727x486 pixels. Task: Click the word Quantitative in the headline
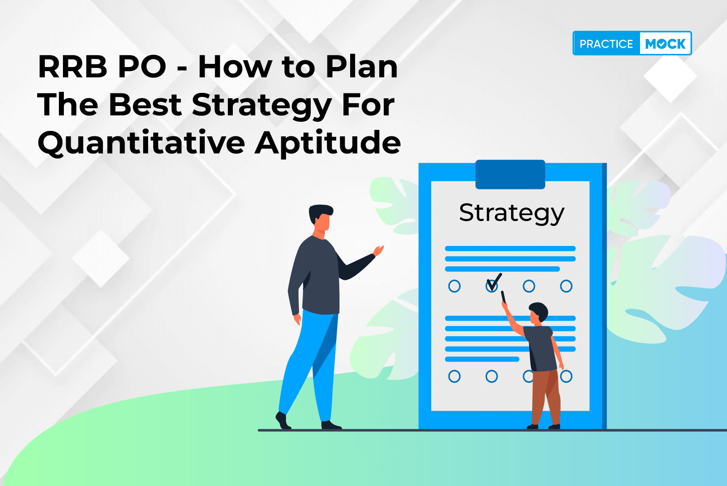coord(141,143)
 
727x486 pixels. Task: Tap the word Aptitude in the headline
coord(328,143)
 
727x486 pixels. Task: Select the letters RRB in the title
coord(72,67)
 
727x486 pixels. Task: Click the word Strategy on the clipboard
coord(512,214)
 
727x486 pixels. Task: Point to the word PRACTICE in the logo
coord(606,44)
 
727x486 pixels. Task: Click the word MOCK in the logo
coord(665,44)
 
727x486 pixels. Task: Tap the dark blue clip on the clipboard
coord(510,174)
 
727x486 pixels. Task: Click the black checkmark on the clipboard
coord(494,282)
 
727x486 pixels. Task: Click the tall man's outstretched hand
coord(378,250)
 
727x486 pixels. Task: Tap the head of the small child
coord(538,313)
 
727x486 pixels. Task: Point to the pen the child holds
coord(503,297)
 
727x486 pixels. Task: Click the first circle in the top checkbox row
coord(454,286)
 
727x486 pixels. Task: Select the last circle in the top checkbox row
coord(566,286)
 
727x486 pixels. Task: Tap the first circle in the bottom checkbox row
coord(454,376)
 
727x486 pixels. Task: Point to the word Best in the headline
coord(145,105)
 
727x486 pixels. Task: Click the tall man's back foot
coord(283,420)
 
